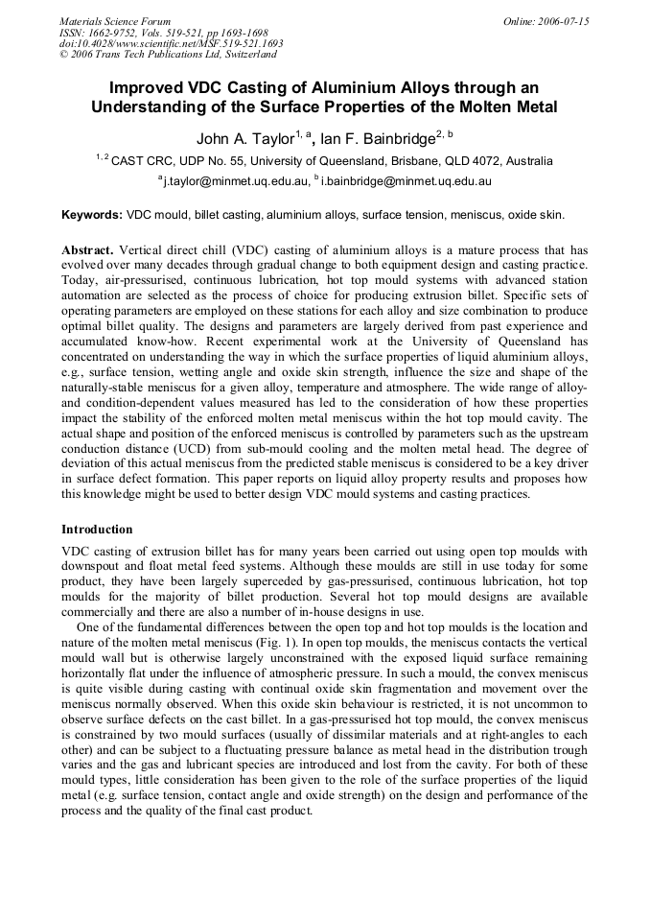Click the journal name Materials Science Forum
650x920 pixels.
[114, 21]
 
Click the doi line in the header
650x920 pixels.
[171, 44]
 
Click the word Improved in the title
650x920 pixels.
[146, 87]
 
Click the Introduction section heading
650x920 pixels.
[97, 529]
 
